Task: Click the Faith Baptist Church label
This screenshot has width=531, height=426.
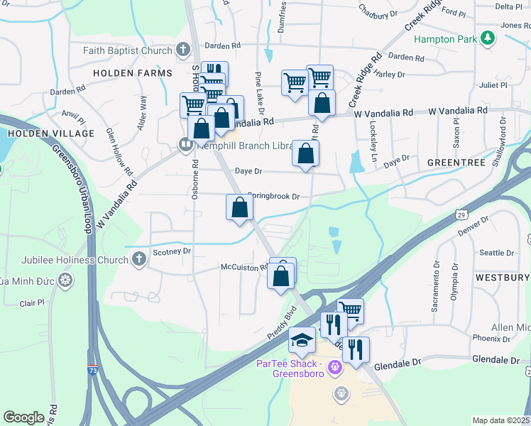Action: pyautogui.click(x=128, y=50)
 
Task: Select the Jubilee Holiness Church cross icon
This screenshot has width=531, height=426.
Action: pyautogui.click(x=139, y=260)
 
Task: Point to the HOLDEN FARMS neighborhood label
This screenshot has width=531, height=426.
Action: pyautogui.click(x=133, y=73)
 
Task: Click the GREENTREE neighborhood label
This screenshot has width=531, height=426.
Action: pyautogui.click(x=456, y=163)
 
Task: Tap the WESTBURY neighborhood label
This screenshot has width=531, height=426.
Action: pyautogui.click(x=502, y=277)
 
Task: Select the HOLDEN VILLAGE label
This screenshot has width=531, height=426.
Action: pyautogui.click(x=51, y=133)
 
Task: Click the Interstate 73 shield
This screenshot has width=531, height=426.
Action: pyautogui.click(x=93, y=370)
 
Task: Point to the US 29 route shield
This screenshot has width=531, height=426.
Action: pyautogui.click(x=461, y=214)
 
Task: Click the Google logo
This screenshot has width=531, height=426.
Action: pyautogui.click(x=23, y=417)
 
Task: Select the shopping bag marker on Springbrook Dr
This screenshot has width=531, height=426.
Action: pyautogui.click(x=240, y=207)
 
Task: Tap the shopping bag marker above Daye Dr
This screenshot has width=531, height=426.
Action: pyautogui.click(x=305, y=153)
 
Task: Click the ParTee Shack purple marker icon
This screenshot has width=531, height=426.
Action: pyautogui.click(x=336, y=366)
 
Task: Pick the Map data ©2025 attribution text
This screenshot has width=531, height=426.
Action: pyautogui.click(x=500, y=420)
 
